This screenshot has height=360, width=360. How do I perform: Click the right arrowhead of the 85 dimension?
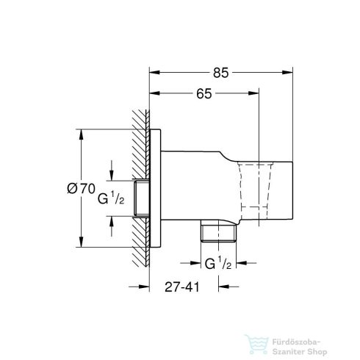click(x=291, y=73)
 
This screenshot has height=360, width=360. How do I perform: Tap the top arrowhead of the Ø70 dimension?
click(x=80, y=134)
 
